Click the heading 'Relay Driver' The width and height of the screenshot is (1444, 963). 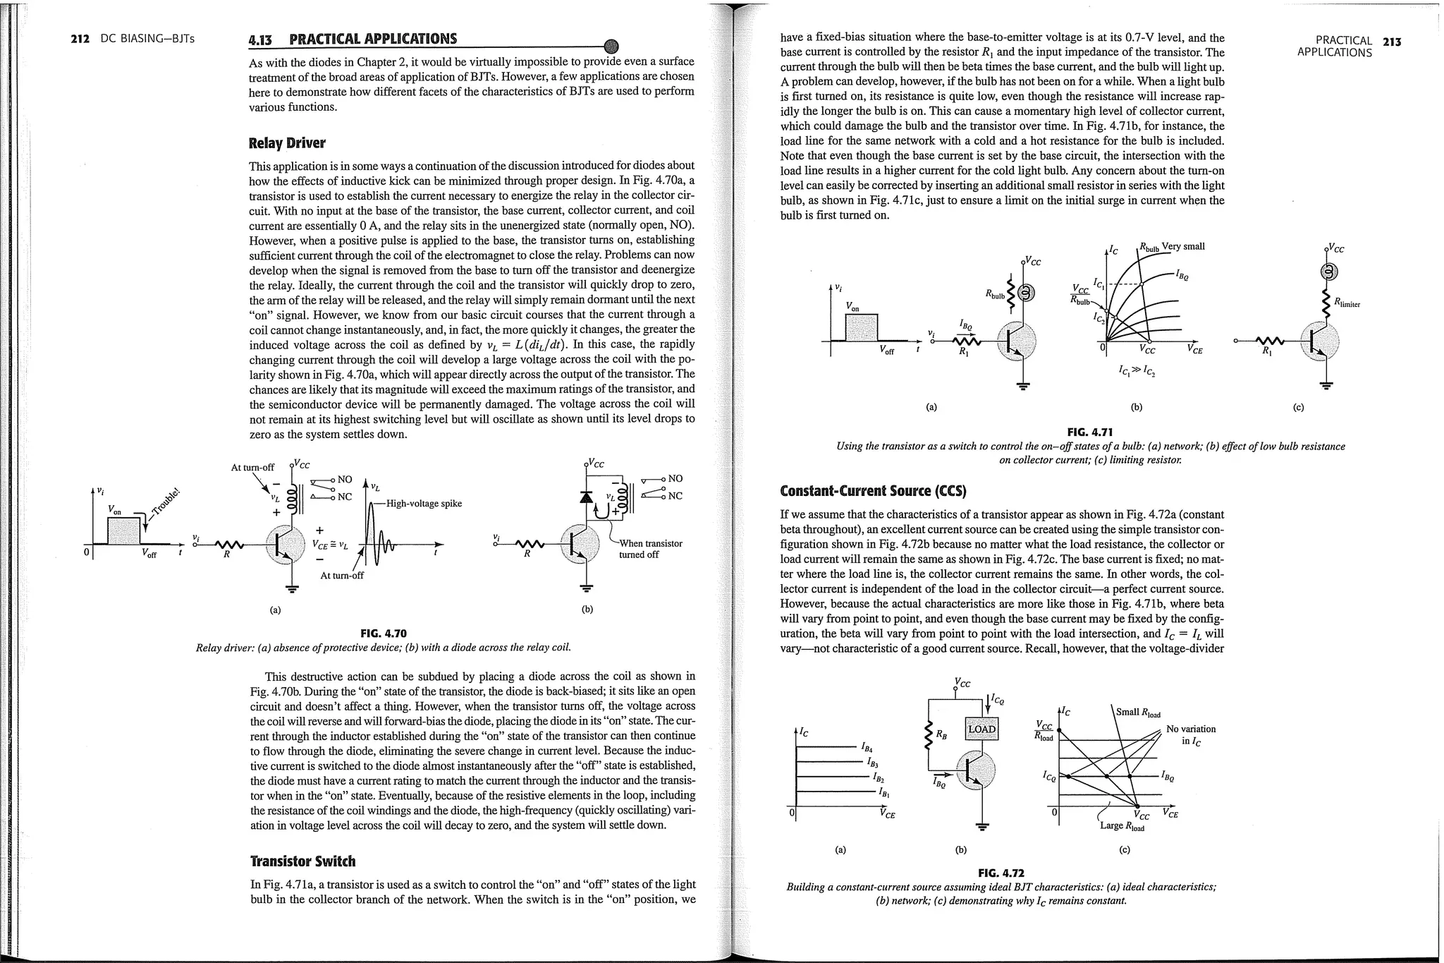click(287, 143)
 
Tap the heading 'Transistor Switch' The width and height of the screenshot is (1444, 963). click(302, 861)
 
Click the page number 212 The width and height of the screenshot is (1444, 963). click(80, 39)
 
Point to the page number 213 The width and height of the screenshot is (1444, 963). click(1392, 42)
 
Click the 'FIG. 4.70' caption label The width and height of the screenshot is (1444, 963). click(383, 634)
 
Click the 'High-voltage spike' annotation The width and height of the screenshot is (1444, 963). click(424, 503)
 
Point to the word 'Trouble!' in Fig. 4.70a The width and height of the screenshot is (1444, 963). click(167, 502)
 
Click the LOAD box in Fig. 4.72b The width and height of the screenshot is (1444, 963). click(981, 729)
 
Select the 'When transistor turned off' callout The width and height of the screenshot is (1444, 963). click(650, 549)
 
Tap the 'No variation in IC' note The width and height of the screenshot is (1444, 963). click(1191, 734)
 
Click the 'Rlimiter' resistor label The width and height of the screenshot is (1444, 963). click(1347, 303)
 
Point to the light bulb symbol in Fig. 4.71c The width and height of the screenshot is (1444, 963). click(1328, 272)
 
